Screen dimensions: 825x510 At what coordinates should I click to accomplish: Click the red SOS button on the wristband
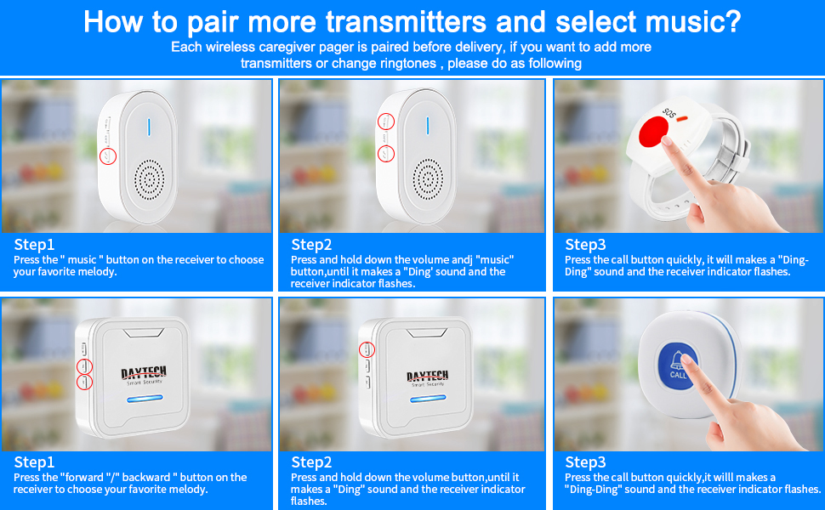coord(653,132)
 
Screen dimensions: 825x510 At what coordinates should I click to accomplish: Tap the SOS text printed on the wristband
coord(669,112)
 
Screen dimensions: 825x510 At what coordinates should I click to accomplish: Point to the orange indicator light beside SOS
coord(682,119)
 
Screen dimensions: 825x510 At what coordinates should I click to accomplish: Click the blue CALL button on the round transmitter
coord(678,366)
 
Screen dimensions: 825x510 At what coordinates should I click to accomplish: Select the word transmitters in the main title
coord(407,22)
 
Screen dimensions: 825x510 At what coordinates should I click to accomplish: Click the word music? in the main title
coord(693,22)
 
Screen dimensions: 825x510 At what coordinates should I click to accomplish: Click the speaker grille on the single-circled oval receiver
coord(149,180)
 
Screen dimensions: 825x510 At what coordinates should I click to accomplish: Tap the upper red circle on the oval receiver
coord(385,122)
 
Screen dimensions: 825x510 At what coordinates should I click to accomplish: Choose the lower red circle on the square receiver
coord(85,382)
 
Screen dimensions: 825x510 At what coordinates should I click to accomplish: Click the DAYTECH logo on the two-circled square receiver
coord(144,373)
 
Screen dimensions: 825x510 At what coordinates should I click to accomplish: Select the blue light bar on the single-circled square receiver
coord(428,399)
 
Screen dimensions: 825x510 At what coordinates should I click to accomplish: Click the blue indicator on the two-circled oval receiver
coord(428,126)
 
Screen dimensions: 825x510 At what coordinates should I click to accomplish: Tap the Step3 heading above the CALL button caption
coord(585,462)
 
